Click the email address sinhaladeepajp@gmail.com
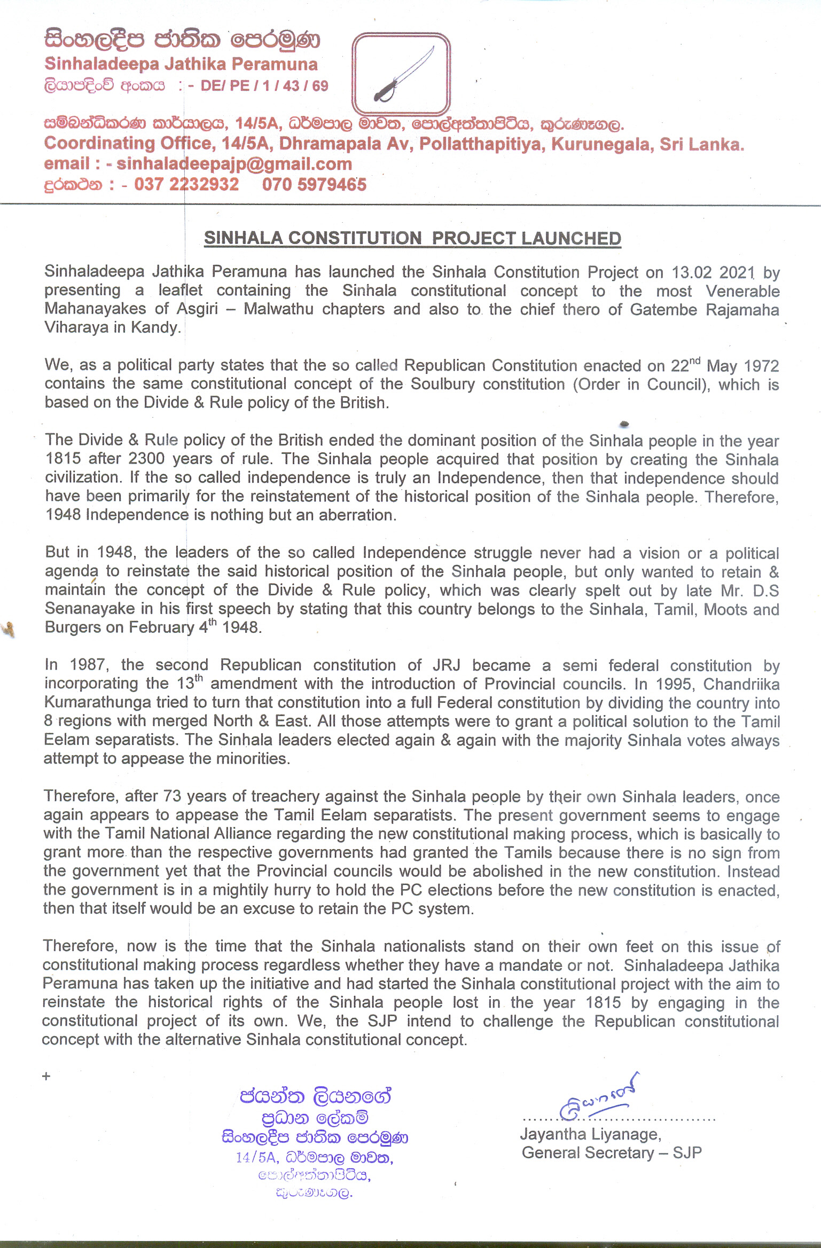[234, 164]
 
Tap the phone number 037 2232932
[186, 185]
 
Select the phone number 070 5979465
[314, 185]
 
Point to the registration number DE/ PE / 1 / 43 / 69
[264, 86]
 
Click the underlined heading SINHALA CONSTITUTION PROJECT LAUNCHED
[412, 238]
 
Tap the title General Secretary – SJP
[612, 1152]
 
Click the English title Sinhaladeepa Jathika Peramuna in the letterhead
[181, 65]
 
